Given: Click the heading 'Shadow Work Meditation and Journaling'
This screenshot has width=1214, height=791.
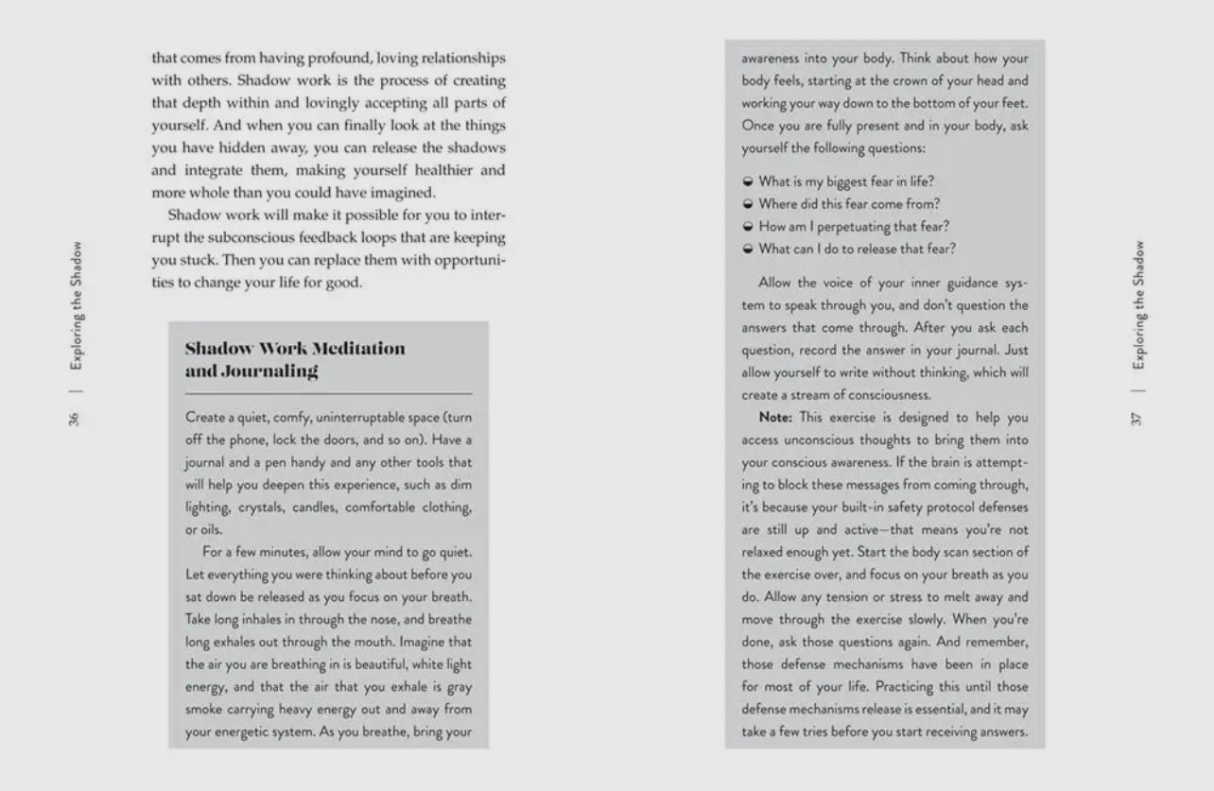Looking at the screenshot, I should [x=294, y=359].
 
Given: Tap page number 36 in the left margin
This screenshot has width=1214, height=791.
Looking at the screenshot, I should [x=75, y=419].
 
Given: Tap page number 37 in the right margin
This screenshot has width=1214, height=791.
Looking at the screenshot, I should [x=1138, y=419].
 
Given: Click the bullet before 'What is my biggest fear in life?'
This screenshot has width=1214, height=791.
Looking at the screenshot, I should [x=748, y=181].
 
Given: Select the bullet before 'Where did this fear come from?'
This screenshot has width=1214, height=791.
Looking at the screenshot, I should [x=748, y=204].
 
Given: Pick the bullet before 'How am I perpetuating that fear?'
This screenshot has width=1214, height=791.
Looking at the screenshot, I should [x=748, y=227].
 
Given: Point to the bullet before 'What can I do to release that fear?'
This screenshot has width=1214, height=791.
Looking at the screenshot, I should [x=748, y=249].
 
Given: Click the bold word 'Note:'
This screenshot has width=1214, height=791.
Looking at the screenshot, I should [x=776, y=418].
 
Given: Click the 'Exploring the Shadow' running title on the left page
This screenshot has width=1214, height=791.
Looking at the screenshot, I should [x=75, y=307].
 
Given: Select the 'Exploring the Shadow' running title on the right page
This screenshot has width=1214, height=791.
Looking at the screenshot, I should [x=1138, y=307].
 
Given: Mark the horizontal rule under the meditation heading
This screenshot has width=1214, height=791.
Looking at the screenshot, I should [x=328, y=393].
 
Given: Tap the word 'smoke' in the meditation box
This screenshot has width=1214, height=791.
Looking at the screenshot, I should [x=203, y=710].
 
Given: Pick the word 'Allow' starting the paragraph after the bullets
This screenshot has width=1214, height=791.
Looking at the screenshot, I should [x=775, y=283].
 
